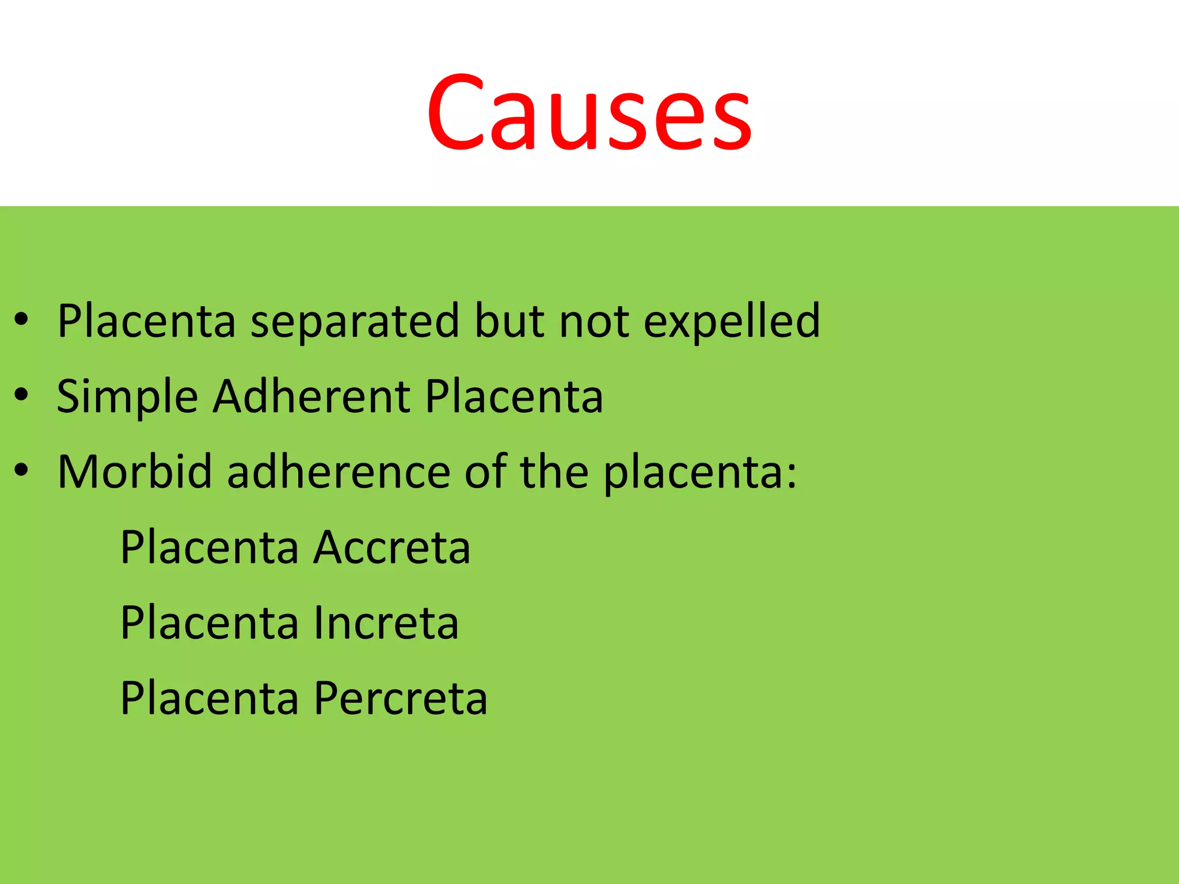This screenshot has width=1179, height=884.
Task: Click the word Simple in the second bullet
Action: pos(127,397)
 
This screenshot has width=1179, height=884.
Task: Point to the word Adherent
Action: pos(311,397)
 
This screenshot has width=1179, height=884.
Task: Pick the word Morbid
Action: pos(135,472)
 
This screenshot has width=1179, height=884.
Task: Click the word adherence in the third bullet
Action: pos(339,472)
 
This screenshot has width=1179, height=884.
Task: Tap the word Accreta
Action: pos(392,547)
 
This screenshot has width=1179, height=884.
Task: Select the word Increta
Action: pos(386,623)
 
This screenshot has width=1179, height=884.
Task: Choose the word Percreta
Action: pos(401,698)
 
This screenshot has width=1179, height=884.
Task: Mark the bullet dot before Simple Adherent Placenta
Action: pos(21,395)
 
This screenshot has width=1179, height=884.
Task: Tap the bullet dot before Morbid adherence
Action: pos(21,470)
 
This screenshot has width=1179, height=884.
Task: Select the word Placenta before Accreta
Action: pos(209,547)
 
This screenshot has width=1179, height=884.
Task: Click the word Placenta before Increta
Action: pos(209,623)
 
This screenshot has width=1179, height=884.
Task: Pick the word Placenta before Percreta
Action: pos(209,698)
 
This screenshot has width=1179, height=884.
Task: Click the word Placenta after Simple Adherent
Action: pos(514,397)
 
